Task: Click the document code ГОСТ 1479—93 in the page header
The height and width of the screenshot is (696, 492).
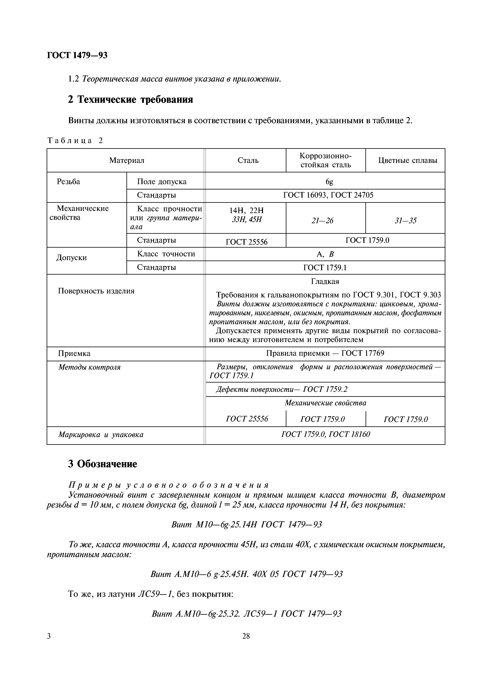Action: click(x=77, y=56)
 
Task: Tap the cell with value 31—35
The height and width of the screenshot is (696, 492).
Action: click(x=405, y=221)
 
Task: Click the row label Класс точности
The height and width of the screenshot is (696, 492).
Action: click(x=166, y=254)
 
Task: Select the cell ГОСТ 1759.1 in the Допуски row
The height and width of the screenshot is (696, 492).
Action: click(x=325, y=267)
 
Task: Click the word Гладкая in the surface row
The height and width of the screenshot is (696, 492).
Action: click(x=325, y=281)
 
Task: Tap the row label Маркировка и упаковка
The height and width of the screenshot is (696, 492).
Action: click(x=101, y=435)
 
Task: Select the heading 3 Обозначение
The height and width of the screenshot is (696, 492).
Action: click(x=102, y=464)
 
